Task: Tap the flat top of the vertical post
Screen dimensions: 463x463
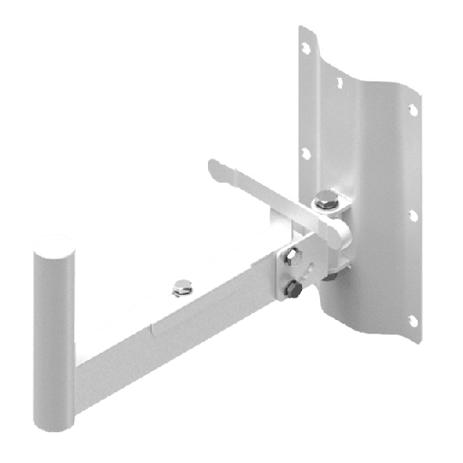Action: pos(55,245)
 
